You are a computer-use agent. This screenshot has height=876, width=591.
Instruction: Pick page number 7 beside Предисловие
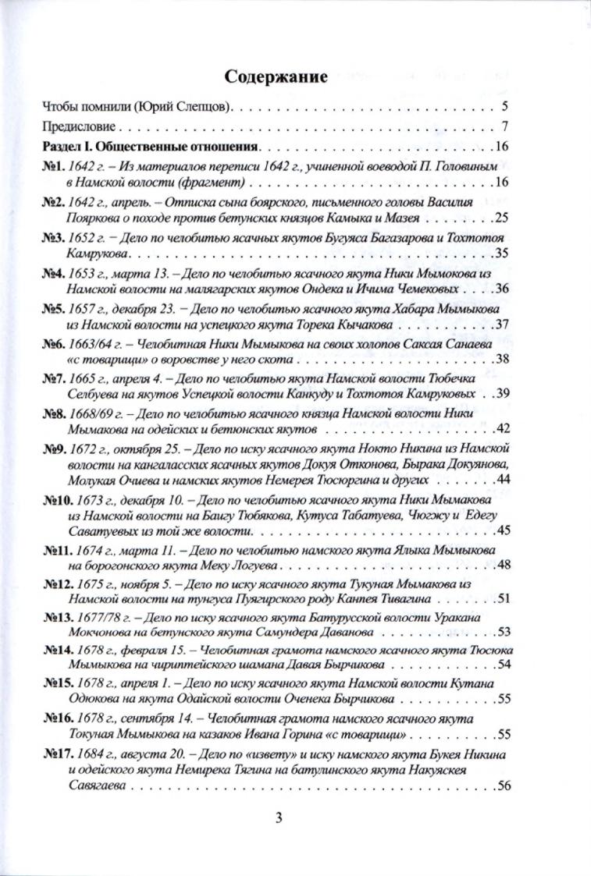click(505, 126)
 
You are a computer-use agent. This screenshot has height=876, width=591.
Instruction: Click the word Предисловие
click(78, 126)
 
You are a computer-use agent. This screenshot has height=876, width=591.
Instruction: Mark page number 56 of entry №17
click(502, 786)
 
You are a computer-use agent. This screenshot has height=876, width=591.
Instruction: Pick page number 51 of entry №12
click(502, 599)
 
